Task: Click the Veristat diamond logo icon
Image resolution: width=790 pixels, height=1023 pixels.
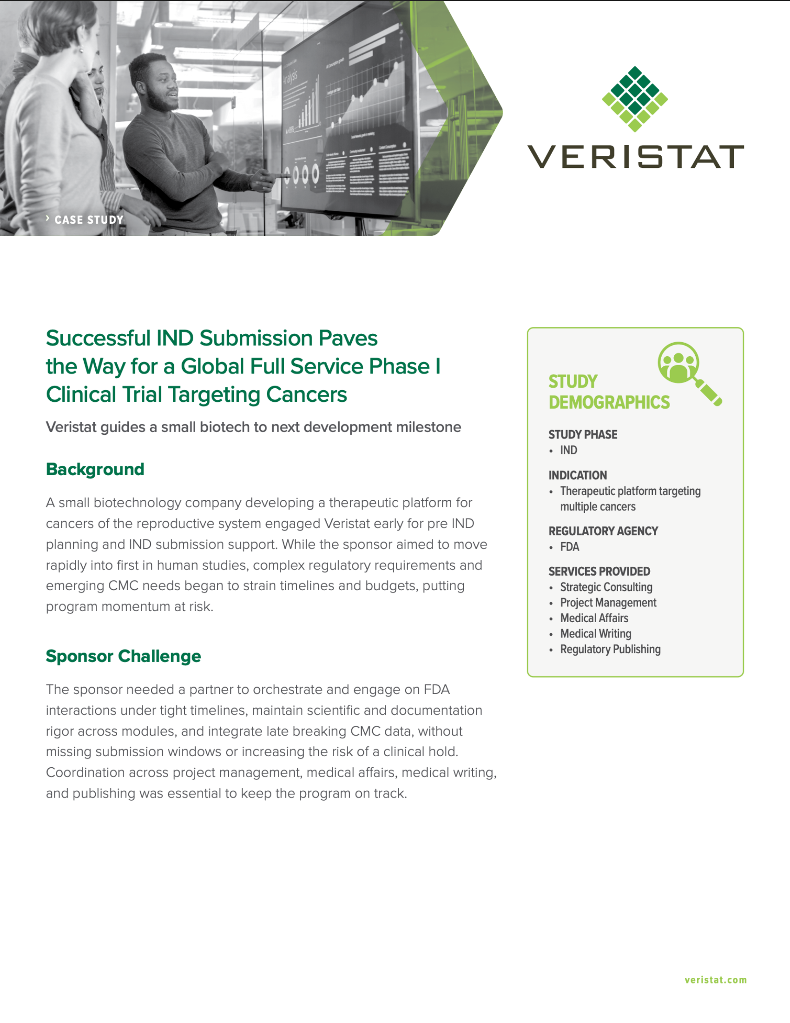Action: (635, 99)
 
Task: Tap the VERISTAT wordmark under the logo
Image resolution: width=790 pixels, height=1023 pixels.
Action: (635, 156)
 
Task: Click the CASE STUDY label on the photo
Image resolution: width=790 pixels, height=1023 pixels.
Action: (88, 219)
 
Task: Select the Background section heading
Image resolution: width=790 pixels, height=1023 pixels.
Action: (95, 469)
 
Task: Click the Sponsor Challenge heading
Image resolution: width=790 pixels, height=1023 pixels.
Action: (123, 656)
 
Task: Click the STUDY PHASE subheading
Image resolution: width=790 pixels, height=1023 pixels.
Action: (583, 435)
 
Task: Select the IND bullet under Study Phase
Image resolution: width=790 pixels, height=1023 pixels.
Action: (569, 450)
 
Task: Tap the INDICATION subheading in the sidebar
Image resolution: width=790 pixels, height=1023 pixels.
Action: (578, 475)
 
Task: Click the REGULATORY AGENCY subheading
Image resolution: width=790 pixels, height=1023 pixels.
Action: (603, 531)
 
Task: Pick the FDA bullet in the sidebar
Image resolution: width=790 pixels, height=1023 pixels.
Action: (570, 547)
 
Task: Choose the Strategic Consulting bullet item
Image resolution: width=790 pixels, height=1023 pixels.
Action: (606, 587)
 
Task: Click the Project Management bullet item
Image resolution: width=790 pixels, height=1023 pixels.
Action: (608, 603)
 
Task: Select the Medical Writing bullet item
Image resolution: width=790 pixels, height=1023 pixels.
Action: (596, 634)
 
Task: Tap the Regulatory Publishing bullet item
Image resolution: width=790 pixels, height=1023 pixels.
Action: (610, 649)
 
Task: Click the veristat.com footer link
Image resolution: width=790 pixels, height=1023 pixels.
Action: (716, 980)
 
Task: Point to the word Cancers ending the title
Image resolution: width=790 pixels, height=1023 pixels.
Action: (307, 394)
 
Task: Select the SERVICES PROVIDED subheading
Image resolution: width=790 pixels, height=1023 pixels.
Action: (599, 571)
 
